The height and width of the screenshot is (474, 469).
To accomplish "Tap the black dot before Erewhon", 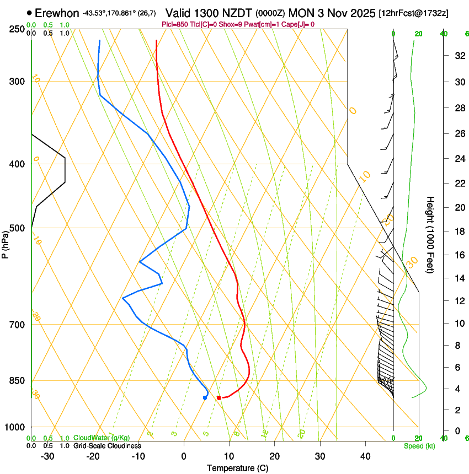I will click(x=29, y=12).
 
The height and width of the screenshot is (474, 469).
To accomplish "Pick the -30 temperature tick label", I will click(x=47, y=456).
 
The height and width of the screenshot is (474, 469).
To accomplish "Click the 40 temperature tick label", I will click(x=365, y=456).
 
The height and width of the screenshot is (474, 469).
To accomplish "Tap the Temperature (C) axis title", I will click(x=237, y=468).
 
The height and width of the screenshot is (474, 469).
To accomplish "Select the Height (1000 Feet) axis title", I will click(x=430, y=234).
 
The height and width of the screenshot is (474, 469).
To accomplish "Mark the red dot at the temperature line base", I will click(x=219, y=397).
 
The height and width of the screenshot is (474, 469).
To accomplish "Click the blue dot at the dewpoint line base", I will click(x=205, y=397).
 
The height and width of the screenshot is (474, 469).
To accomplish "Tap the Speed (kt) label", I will click(x=419, y=446).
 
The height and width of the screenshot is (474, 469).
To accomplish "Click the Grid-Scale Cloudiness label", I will click(x=107, y=446).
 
